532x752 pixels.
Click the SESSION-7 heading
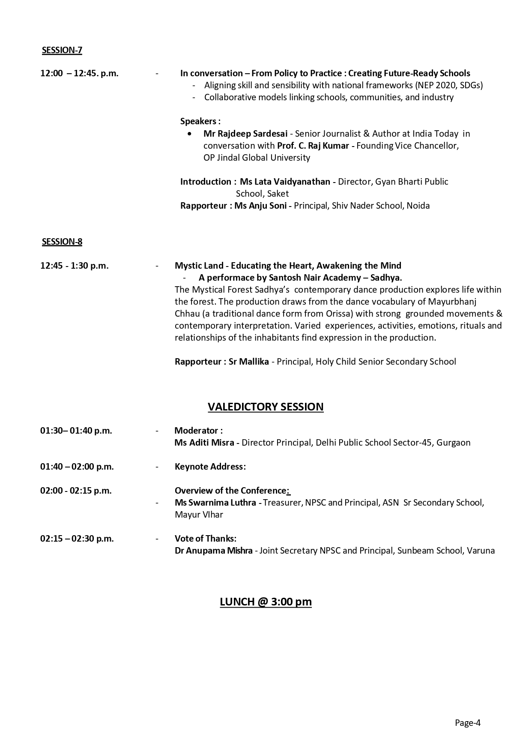pos(62,50)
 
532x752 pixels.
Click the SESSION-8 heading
pos(62,242)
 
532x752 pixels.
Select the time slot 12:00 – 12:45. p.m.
pos(79,73)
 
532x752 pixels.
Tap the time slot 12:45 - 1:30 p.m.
pos(75,266)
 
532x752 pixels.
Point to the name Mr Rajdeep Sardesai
pos(245,134)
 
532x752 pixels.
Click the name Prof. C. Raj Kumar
pos(313,146)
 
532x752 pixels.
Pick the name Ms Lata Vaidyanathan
pos(285,182)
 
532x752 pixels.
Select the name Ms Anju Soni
pos(260,206)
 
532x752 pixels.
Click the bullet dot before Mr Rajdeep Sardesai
pos(190,134)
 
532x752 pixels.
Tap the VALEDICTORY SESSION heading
pos(266,407)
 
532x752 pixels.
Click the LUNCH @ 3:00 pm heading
pos(266,602)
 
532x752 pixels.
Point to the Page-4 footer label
pos(468,723)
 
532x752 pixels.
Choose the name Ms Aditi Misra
pos(204,443)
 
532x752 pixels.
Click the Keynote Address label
pos(210,467)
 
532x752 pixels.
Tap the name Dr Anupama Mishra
pos(213,551)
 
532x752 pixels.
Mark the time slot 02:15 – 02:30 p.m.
pos(77,539)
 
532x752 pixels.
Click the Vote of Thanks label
pos(205,539)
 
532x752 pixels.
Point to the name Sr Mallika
pos(249,362)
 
